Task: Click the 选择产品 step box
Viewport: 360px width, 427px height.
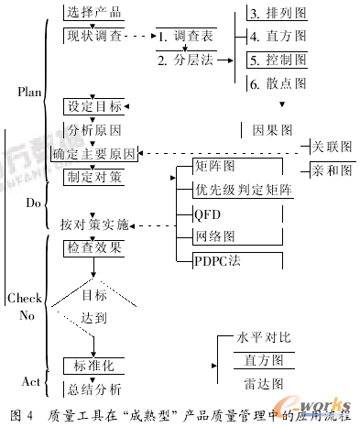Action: (93, 14)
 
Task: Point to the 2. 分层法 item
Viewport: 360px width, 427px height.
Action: (187, 61)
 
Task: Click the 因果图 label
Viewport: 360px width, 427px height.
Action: (272, 130)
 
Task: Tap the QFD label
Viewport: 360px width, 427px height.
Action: (207, 214)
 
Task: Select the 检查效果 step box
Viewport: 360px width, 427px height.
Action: (93, 248)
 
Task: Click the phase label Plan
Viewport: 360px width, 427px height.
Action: (30, 93)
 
